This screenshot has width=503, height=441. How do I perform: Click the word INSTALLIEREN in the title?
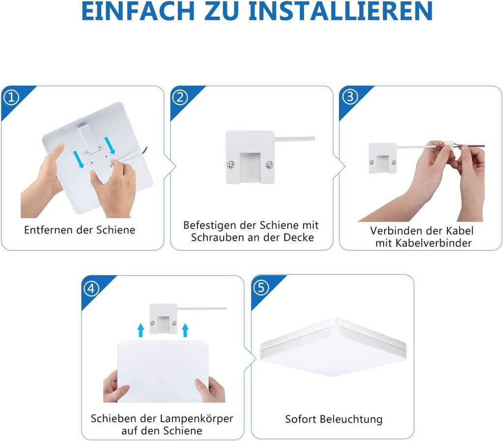tap(340, 11)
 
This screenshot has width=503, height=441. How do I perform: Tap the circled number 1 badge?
tap(11, 97)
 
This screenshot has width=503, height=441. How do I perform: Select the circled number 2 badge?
tap(180, 97)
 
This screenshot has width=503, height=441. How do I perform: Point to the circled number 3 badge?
tap(350, 97)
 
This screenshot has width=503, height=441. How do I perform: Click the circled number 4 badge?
tap(91, 289)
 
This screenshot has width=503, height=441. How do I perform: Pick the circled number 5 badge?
tap(261, 287)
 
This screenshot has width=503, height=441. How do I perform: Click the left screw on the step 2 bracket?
tap(231, 165)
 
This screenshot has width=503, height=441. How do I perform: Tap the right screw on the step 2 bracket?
tap(269, 165)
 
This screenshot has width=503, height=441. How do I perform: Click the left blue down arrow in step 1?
tap(78, 159)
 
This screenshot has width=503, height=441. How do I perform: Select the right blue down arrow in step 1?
tap(110, 146)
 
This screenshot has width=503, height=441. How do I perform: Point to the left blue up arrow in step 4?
tap(140, 330)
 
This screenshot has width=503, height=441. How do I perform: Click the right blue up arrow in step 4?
tap(185, 330)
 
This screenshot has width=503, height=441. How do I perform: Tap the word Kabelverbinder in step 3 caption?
tap(433, 243)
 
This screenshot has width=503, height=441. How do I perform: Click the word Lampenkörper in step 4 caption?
tap(196, 418)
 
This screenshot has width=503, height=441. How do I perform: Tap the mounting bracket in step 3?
tap(383, 158)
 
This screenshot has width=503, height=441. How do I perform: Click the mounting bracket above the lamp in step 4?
tap(164, 319)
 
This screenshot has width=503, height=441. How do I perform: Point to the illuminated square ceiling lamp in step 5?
tap(334, 347)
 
